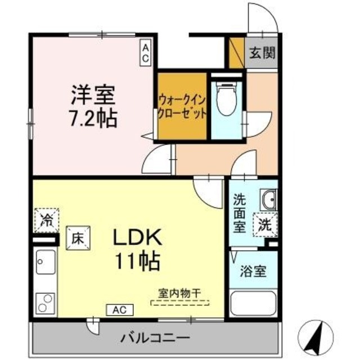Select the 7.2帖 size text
click(93, 119)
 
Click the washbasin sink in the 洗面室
click(267, 199)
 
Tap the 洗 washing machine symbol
click(264, 226)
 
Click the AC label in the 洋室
click(146, 53)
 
